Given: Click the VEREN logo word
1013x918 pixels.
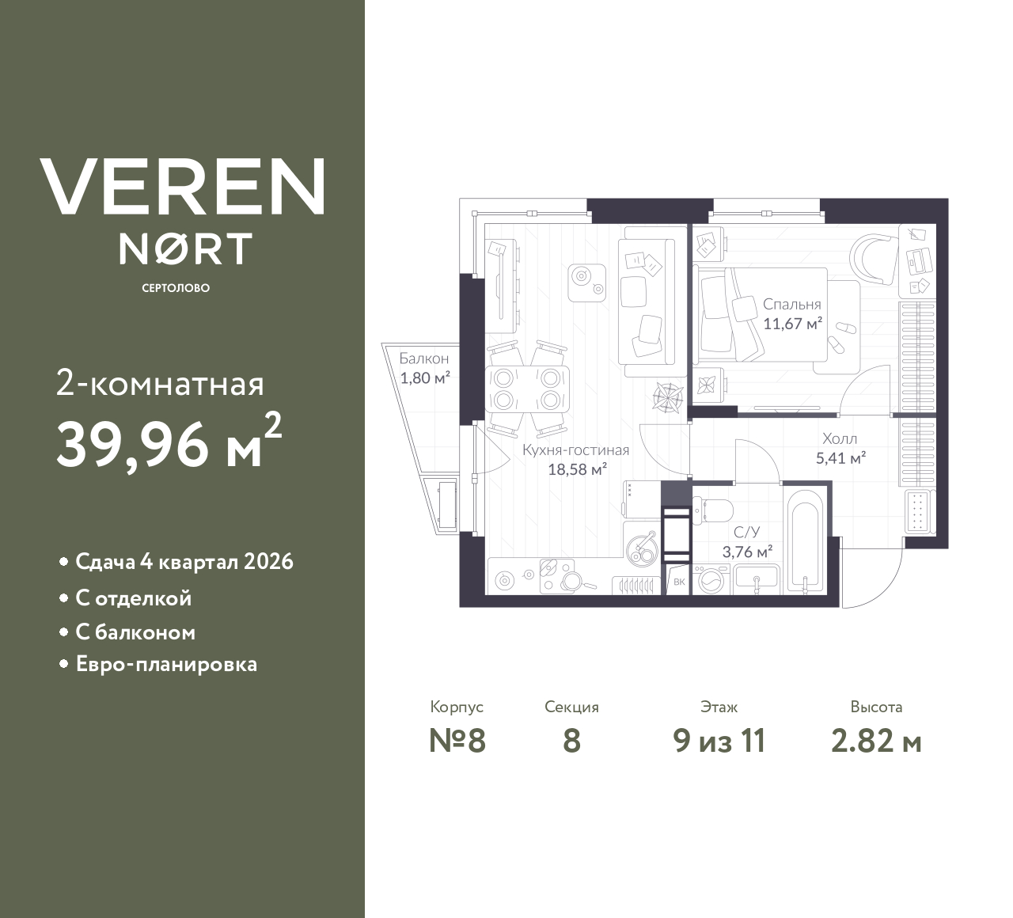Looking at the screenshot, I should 182,187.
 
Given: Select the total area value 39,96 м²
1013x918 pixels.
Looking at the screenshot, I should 168,444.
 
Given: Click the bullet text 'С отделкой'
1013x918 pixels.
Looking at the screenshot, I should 133,598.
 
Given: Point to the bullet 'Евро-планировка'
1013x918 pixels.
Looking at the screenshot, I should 166,664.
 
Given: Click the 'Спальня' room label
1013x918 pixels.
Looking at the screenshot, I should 791,304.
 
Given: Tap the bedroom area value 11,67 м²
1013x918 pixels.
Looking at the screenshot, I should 792,323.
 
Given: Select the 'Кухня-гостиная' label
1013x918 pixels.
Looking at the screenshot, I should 575,450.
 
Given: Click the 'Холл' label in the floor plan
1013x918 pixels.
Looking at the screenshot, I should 839,438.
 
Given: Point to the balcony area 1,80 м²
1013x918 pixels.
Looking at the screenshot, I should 424,377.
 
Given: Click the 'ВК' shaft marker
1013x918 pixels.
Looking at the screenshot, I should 679,582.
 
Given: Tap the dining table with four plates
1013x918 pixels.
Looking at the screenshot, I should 527,389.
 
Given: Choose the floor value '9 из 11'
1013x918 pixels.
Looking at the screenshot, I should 719,742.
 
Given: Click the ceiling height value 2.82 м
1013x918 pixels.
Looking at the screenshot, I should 876,742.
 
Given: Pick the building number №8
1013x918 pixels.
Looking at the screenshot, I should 457,742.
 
